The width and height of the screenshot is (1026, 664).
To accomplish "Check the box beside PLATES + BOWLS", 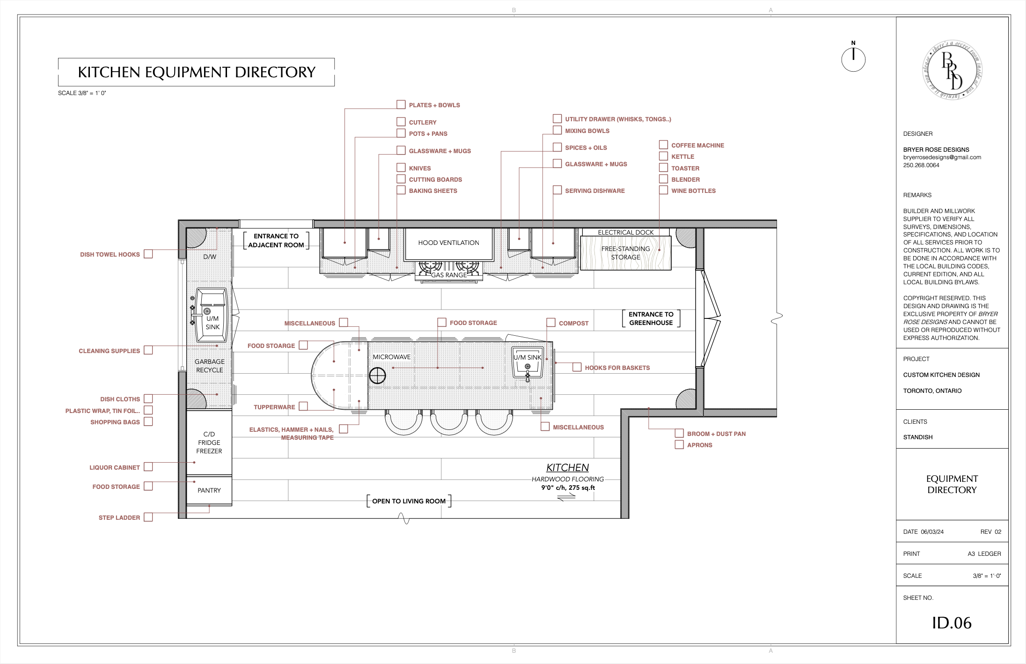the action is tap(401, 104).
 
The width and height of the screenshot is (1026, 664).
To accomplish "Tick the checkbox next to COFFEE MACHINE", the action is tap(663, 145).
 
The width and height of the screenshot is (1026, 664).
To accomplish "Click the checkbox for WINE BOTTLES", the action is tap(663, 190).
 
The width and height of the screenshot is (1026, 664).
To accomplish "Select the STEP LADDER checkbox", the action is tap(148, 517).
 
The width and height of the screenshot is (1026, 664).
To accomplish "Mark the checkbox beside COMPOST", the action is tap(551, 323).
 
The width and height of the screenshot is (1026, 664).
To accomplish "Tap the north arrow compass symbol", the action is tap(853, 58).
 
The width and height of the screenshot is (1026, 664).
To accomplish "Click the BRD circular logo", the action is tap(952, 70).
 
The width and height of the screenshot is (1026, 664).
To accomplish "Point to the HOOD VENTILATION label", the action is tap(448, 243).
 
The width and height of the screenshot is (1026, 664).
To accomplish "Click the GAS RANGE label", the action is tap(449, 275).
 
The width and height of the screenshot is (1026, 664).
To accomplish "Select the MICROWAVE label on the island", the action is tap(392, 357).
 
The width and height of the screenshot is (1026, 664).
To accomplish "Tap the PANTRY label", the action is tap(209, 490).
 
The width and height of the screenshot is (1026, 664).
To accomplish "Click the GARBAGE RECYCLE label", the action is tap(210, 366).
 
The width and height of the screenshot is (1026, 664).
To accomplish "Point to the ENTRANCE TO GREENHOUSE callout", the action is tap(651, 318).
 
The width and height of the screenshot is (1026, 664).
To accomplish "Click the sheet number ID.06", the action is tap(952, 623).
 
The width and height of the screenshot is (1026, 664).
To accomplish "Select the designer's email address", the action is tap(942, 157).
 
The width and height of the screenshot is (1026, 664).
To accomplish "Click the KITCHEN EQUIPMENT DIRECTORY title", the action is tap(197, 72).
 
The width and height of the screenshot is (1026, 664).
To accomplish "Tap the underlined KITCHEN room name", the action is tap(567, 467).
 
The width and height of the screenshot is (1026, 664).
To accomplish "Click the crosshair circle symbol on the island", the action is tap(377, 376).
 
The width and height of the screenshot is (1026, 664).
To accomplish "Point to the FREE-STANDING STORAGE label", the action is tap(626, 253).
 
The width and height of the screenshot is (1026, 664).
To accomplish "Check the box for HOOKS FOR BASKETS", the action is tap(577, 367).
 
